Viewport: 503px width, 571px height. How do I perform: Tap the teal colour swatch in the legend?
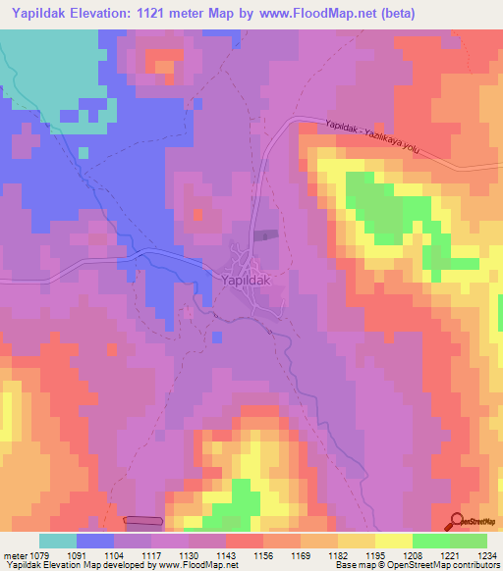click(x=58, y=541)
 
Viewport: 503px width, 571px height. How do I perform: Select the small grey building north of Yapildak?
click(x=263, y=234)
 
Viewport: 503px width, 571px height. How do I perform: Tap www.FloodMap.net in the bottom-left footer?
click(x=193, y=565)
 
